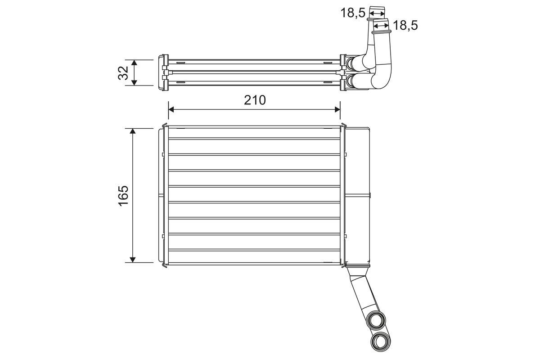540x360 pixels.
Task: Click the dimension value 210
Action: click(255, 100)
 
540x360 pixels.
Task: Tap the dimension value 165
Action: click(124, 195)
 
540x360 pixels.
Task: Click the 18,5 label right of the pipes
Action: click(405, 26)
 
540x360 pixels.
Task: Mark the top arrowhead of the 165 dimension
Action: click(133, 131)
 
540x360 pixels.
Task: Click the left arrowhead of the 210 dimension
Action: click(171, 109)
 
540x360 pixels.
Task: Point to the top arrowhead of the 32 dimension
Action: click(134, 63)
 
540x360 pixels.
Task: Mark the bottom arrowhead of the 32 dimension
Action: click(134, 82)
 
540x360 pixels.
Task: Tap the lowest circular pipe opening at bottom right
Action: click(381, 340)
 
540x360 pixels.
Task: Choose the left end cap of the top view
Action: click(162, 72)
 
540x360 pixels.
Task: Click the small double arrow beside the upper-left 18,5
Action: click(377, 13)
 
